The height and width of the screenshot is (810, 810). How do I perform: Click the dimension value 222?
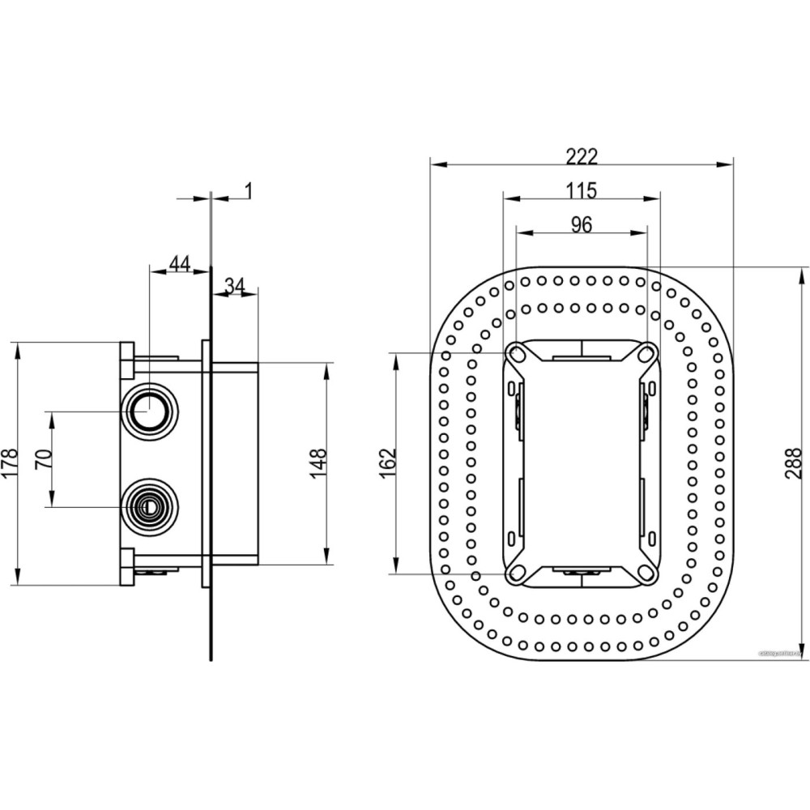[x=581, y=156]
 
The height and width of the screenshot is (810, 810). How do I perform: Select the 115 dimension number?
[x=581, y=190]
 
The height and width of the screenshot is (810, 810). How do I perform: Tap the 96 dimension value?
[x=581, y=225]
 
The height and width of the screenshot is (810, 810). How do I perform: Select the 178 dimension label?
[x=9, y=463]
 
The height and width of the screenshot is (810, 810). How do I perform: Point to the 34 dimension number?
[x=235, y=285]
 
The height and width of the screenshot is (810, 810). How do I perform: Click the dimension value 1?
[x=249, y=190]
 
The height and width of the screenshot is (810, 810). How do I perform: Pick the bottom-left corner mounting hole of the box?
[x=515, y=573]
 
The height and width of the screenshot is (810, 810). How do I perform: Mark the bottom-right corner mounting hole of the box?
[x=647, y=573]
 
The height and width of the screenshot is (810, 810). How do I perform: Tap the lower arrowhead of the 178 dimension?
[x=17, y=578]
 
